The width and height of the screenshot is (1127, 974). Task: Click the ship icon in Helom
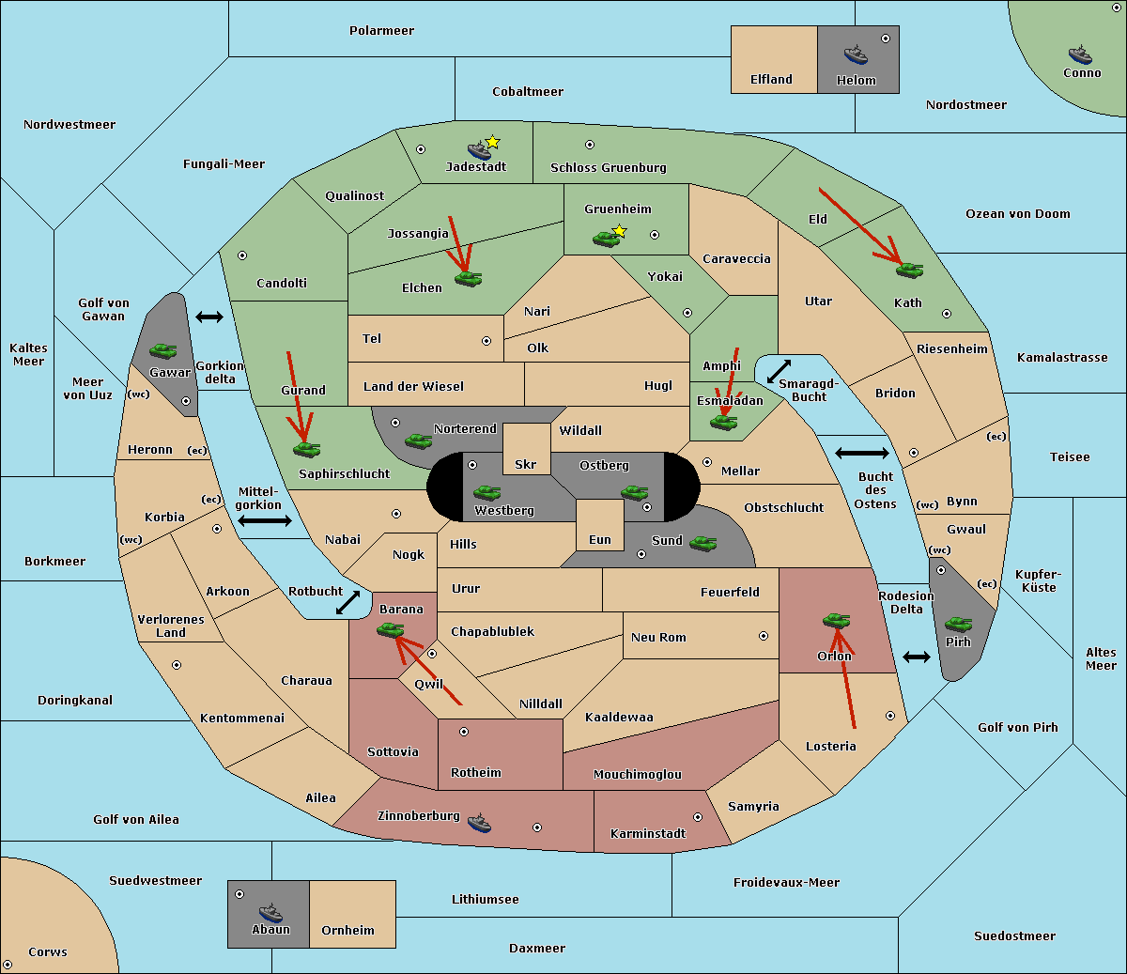(856, 54)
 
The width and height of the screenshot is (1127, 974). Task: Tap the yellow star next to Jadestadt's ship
(492, 143)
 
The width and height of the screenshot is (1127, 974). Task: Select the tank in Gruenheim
(607, 239)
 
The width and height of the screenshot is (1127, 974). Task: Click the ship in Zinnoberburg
(479, 823)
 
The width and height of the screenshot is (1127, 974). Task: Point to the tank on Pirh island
(958, 624)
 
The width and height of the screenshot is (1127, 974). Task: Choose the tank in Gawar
(163, 350)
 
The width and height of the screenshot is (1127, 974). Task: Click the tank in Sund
(702, 543)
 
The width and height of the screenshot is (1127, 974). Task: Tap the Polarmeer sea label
(381, 31)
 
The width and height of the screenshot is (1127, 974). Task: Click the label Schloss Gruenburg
(608, 167)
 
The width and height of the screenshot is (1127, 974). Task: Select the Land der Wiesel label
(413, 387)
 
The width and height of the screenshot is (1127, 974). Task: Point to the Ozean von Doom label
(1017, 214)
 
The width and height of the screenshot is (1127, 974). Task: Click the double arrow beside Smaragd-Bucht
(779, 371)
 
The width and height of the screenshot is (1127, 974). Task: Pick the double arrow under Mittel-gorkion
(265, 520)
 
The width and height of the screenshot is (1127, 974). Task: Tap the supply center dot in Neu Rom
(764, 636)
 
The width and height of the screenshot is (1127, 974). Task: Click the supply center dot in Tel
(486, 341)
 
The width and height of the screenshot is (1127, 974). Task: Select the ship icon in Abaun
(270, 912)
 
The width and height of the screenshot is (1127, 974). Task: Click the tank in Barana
(390, 630)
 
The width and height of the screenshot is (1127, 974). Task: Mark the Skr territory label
(525, 464)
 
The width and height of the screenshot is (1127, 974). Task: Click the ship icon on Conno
(1080, 55)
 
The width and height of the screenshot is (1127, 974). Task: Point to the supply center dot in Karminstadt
(698, 817)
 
